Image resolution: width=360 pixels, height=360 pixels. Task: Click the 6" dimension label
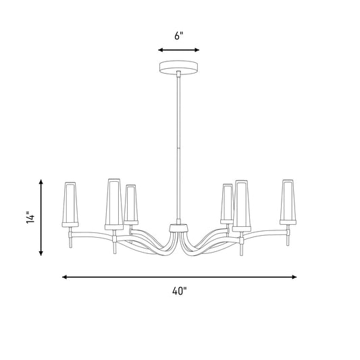[179, 36]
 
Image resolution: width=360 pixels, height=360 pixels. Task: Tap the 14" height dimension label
[30, 217]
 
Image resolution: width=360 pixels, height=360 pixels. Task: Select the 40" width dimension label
[180, 291]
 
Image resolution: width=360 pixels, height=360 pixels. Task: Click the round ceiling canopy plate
[178, 67]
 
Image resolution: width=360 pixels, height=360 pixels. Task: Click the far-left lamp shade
[70, 205]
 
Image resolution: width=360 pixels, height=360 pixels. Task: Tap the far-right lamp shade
[288, 202]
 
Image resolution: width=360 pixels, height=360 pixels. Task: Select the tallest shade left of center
[114, 204]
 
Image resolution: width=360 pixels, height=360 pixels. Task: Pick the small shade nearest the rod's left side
[131, 205]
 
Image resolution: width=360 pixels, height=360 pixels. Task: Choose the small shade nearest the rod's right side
[228, 204]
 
